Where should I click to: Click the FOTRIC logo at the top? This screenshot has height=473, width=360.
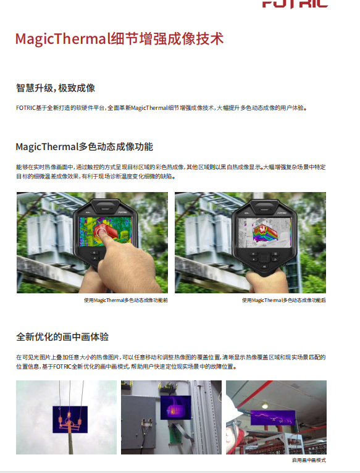(295, 4)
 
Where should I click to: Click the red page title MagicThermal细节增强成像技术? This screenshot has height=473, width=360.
(120, 39)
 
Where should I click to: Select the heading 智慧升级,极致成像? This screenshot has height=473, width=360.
(56, 88)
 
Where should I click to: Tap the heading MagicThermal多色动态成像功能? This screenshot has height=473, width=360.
(85, 146)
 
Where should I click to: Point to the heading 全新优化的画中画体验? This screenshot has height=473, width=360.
(62, 337)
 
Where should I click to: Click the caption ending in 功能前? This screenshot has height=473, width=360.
(126, 300)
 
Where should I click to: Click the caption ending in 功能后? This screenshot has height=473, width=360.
(283, 300)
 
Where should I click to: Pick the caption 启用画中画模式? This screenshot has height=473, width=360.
(309, 460)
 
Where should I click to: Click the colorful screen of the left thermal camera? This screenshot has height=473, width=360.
(106, 231)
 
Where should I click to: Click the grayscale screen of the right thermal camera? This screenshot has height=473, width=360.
(264, 232)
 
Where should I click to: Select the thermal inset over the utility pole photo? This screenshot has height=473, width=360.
(70, 420)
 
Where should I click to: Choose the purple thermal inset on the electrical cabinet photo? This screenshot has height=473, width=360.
(175, 408)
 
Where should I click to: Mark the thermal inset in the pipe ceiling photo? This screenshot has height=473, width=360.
(273, 418)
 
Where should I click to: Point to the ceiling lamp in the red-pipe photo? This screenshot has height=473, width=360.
(265, 406)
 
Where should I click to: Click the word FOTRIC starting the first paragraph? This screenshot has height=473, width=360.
(26, 107)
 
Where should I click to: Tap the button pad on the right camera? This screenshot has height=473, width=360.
(264, 259)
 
